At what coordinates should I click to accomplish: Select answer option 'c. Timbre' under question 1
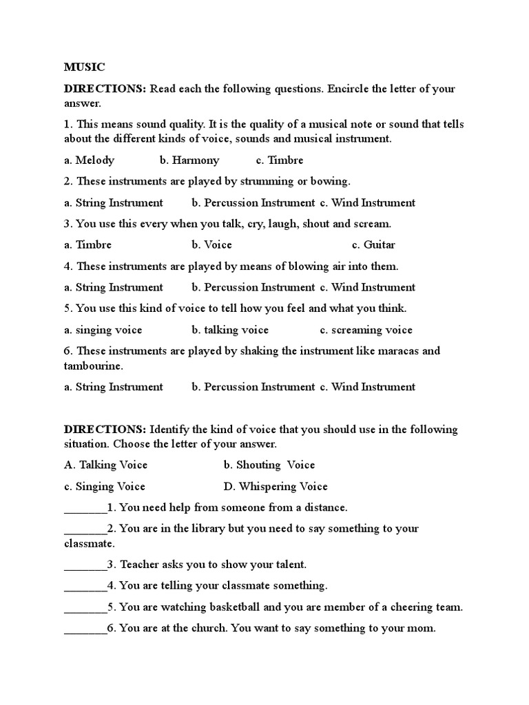(x=279, y=160)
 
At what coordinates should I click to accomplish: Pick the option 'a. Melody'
(x=89, y=160)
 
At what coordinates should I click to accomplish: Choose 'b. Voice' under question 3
(x=212, y=245)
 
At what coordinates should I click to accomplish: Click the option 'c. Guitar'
(x=373, y=245)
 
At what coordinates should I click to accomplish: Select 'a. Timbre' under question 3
(x=87, y=245)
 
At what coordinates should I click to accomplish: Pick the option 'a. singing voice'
(x=103, y=330)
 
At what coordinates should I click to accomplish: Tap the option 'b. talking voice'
(x=230, y=330)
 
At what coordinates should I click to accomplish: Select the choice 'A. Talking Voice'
(x=105, y=465)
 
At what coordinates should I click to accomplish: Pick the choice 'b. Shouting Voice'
(x=269, y=465)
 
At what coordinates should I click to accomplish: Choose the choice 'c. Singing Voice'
(x=105, y=486)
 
